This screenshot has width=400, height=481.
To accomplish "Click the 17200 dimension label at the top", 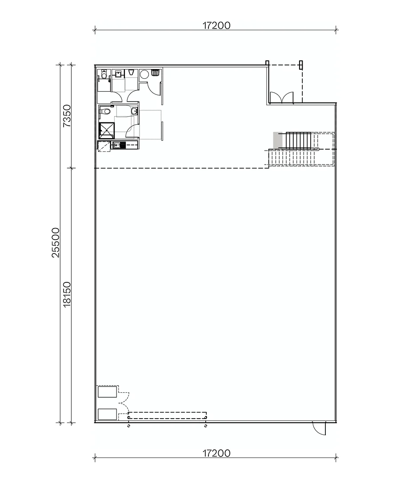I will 216,25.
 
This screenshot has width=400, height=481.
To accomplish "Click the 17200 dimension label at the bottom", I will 216,453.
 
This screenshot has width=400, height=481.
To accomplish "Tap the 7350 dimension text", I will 67,116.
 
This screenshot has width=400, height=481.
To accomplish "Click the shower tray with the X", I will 107,130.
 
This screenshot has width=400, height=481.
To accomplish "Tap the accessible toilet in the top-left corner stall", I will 104,75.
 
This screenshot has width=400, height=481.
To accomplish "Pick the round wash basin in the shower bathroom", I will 134,111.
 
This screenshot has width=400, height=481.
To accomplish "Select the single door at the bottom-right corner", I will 320,428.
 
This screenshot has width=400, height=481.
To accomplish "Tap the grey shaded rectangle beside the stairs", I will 277,140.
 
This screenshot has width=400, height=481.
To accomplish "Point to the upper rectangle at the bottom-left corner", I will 107,392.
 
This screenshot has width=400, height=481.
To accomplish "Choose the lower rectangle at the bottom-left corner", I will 107,414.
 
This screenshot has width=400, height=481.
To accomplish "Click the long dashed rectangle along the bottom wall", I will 167,415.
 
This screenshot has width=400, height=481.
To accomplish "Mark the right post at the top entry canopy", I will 302,65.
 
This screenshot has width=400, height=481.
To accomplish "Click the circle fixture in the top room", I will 144,74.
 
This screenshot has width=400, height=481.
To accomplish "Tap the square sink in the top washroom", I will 119,74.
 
